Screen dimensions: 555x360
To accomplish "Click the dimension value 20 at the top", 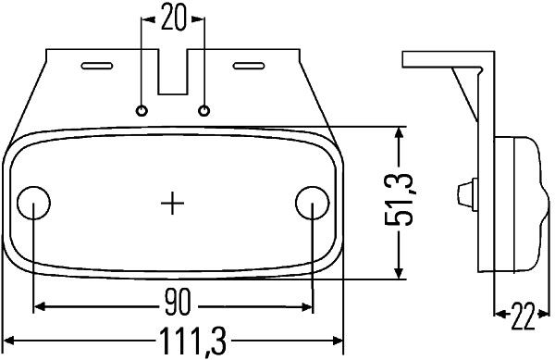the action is tap(173, 18).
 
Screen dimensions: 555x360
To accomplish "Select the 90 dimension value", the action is tap(178, 302).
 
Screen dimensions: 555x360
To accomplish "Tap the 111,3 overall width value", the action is tap(192, 341).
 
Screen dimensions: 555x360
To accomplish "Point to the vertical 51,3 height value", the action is tap(399, 199).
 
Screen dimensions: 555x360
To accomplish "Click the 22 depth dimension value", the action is tap(523, 317).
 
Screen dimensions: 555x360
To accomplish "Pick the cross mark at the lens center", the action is tap(172, 204).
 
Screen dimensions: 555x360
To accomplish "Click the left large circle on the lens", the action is tap(33, 203).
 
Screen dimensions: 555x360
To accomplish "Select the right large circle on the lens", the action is tap(313, 203).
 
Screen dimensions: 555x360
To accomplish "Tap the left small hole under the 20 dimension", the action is tap(142, 111).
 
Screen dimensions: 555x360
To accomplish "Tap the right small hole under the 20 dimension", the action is tap(203, 111).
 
